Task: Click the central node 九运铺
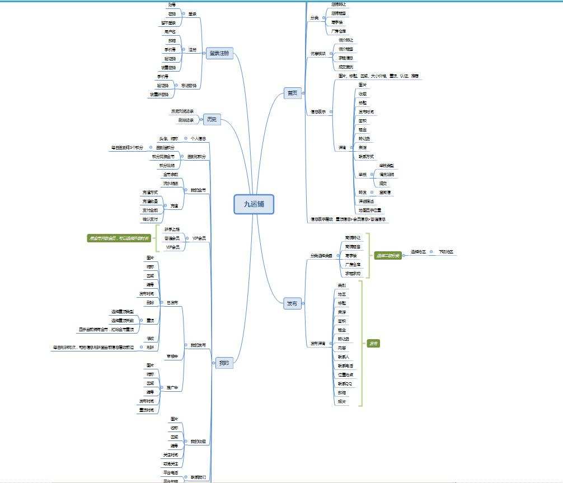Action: click(254, 205)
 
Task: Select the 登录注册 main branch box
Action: click(219, 54)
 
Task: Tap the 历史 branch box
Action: click(211, 119)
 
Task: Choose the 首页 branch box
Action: click(292, 93)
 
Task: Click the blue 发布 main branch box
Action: click(292, 303)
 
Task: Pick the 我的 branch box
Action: click(224, 363)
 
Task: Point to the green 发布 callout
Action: click(373, 343)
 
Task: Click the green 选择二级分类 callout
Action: click(388, 256)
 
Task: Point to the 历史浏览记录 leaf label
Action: click(182, 111)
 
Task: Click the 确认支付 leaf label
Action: click(151, 219)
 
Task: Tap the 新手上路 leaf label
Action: click(172, 229)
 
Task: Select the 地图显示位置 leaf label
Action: click(370, 210)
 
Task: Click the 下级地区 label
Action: click(446, 252)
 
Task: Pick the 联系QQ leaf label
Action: click(345, 383)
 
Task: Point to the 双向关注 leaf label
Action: click(171, 463)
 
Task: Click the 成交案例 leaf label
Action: click(346, 67)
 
